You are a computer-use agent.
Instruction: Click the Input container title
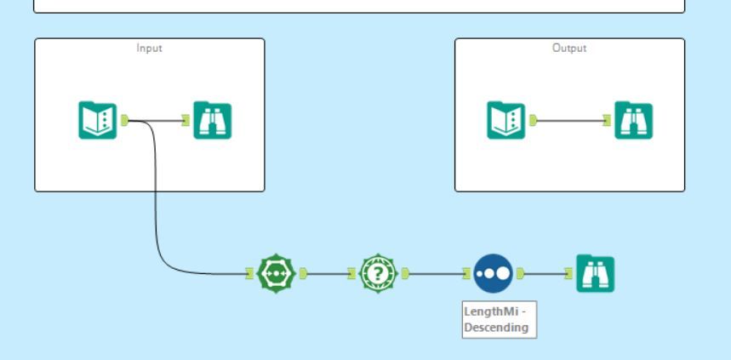tap(149, 49)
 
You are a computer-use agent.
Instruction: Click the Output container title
tap(569, 49)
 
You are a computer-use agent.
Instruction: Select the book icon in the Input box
tap(98, 120)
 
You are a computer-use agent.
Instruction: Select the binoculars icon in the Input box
tap(212, 120)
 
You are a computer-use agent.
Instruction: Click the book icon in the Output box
tap(506, 120)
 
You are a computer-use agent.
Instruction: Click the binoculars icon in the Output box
tap(633, 120)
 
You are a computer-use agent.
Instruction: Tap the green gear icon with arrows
tap(277, 274)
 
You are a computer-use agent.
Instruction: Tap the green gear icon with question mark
tap(379, 274)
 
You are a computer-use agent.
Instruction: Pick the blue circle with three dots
tap(493, 274)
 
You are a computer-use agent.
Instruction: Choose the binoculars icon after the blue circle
tap(595, 274)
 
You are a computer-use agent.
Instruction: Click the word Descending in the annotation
tap(496, 327)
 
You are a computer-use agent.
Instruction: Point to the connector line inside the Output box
tap(570, 121)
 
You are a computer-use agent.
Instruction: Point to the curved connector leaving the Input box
tap(157, 196)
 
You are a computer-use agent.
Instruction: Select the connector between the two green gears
tap(328, 274)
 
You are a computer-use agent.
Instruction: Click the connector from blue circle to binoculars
tap(545, 274)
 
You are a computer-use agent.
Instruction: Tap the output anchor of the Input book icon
tap(124, 120)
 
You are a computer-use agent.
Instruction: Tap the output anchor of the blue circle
tap(521, 274)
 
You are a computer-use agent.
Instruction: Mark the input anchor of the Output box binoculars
tap(608, 121)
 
